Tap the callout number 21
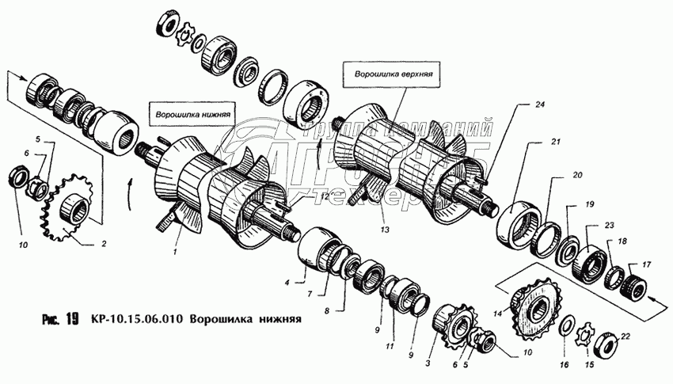(x=556, y=143)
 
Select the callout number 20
(x=577, y=175)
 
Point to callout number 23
(x=608, y=226)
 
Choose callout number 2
(x=103, y=244)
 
